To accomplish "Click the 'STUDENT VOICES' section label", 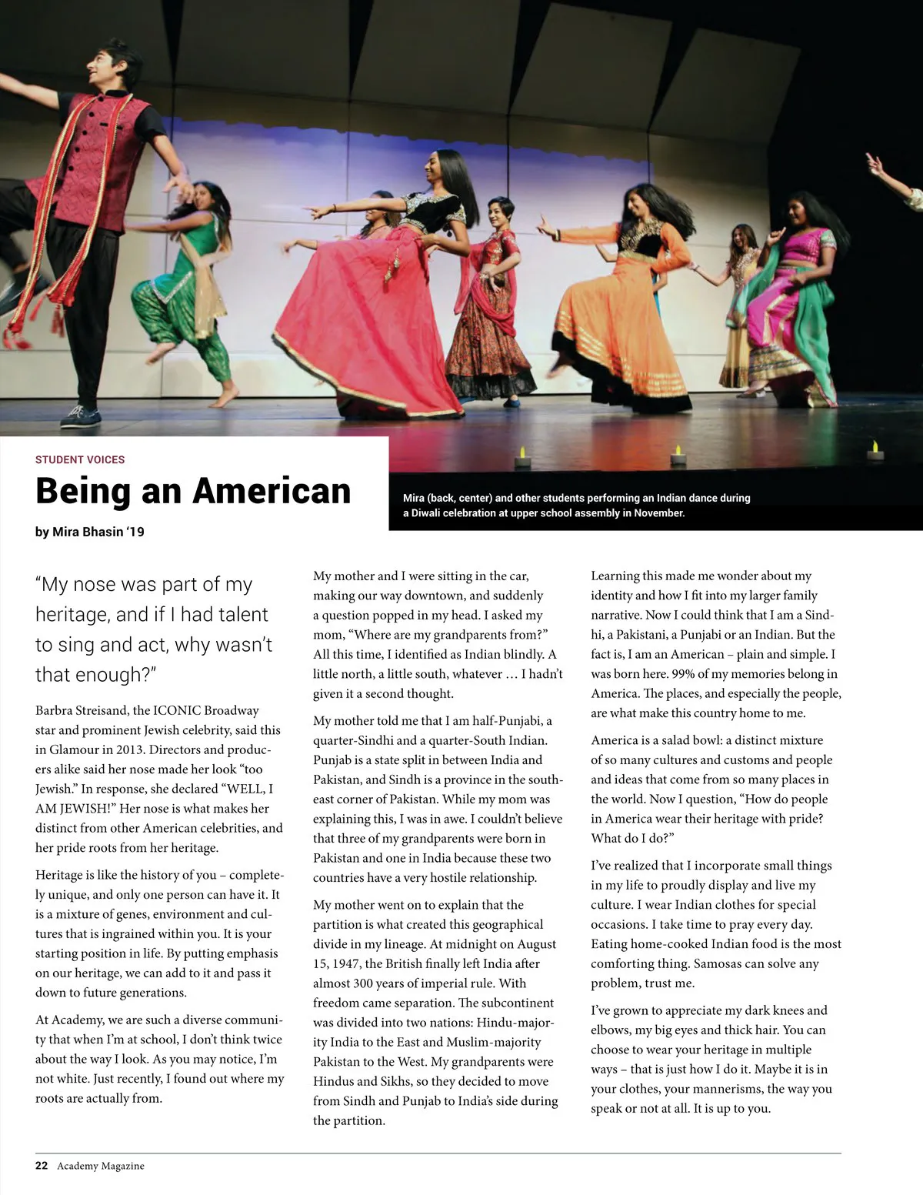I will (80, 459).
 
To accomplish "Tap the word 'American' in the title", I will (272, 491).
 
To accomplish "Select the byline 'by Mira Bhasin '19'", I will (90, 532).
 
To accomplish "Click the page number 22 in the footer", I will (42, 1165).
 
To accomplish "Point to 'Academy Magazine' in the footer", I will (101, 1166).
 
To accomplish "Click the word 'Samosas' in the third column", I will (718, 963).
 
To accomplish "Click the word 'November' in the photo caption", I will (658, 513).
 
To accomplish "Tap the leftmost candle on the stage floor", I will (523, 456).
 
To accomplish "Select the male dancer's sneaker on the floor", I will (81, 416).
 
